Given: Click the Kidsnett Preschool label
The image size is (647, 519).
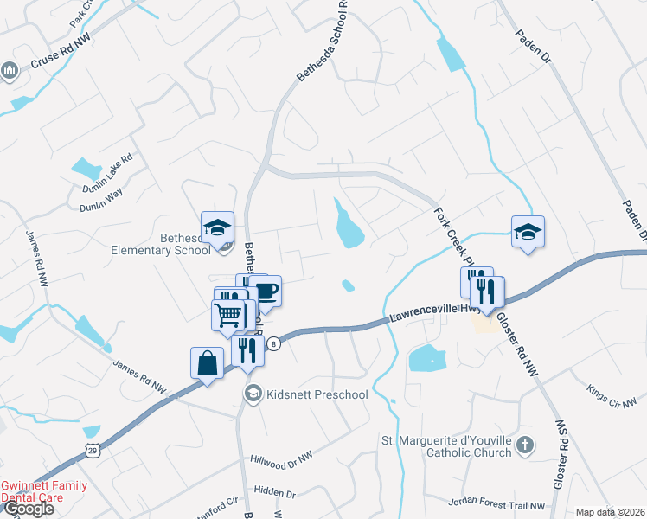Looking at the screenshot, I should click(317, 395).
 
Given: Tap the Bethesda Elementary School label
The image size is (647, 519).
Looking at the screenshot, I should click(161, 243).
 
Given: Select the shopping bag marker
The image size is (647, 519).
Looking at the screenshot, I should click(208, 363).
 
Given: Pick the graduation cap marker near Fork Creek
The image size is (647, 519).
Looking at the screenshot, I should click(528, 232).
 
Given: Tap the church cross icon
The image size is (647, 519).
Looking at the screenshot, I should click(524, 446).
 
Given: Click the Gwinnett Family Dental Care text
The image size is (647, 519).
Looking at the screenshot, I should click(44, 491).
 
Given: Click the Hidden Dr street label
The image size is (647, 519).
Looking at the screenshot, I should click(275, 493).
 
